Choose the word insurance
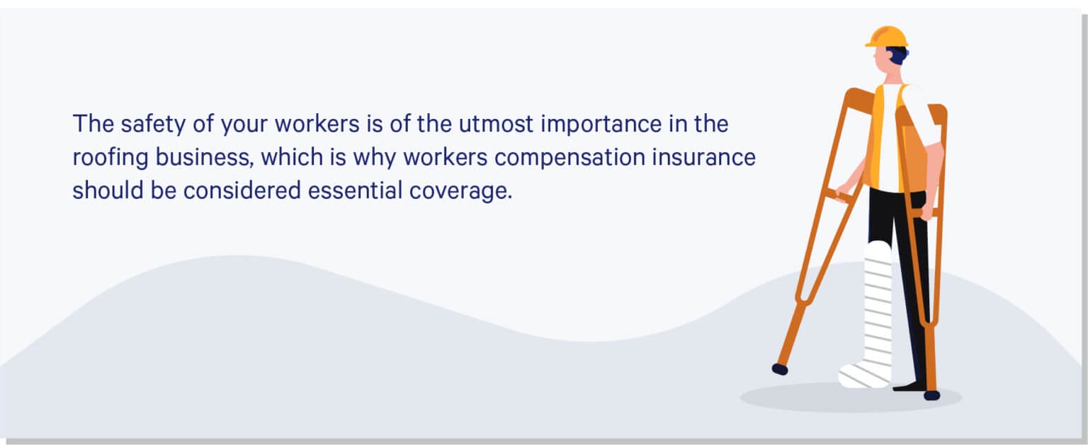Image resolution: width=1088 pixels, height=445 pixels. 712,157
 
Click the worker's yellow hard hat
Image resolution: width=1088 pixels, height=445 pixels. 886,37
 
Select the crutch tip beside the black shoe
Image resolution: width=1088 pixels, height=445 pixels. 931,395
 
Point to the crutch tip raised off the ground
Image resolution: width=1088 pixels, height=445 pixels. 779,369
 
